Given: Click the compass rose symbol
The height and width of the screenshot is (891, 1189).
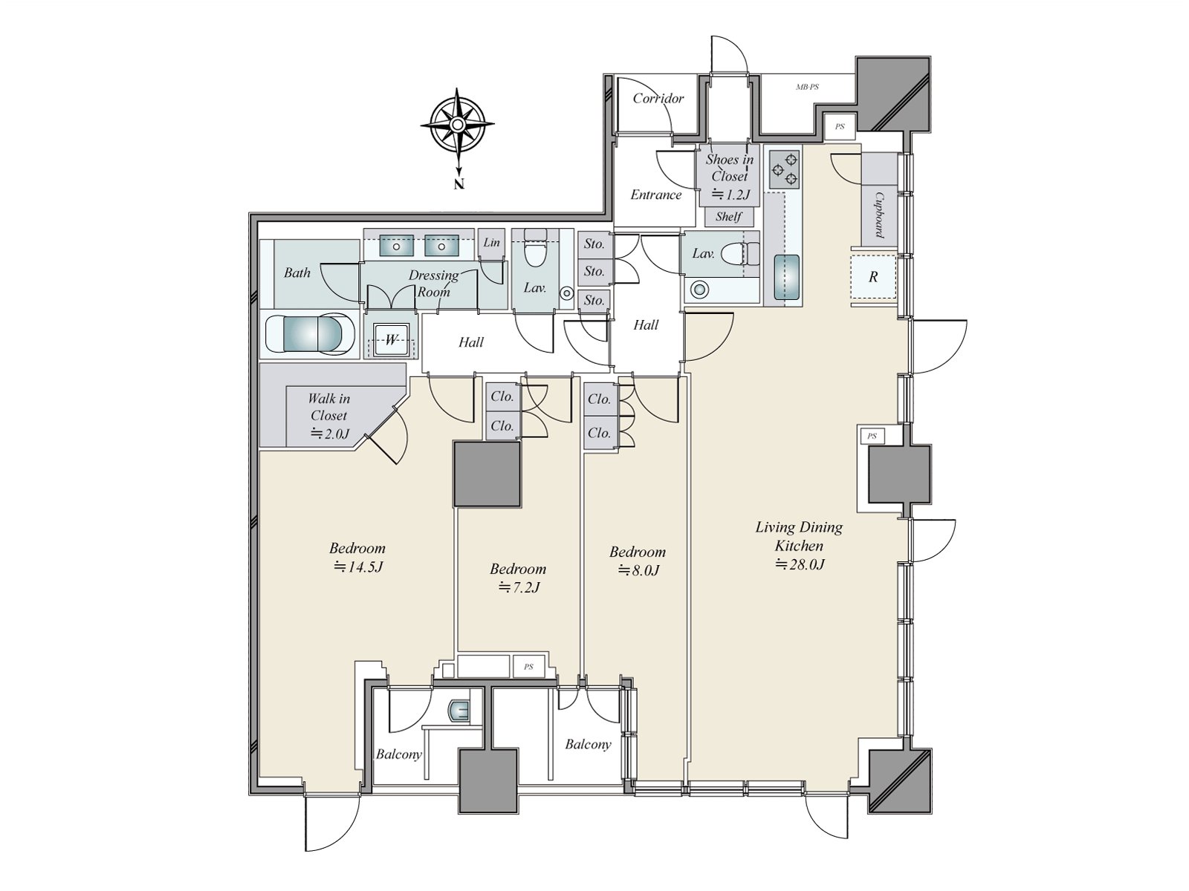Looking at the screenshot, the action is (458, 125).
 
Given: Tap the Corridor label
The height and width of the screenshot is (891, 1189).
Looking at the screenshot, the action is (658, 99).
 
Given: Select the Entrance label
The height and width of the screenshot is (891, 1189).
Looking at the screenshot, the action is (656, 195).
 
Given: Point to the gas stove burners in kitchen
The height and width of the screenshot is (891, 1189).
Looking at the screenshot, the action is (784, 170).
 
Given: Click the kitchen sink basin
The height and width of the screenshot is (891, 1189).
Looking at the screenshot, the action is (786, 277).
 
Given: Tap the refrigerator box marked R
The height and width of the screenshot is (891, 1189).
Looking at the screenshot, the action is (873, 277).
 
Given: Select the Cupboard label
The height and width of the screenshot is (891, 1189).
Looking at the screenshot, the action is (878, 215).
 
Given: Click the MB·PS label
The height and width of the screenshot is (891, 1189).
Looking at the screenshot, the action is (807, 87).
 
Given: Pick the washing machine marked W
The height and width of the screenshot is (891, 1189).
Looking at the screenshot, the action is (391, 340).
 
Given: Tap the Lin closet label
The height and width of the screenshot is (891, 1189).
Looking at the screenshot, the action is (491, 242).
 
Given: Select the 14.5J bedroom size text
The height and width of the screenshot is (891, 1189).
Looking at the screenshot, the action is (358, 567).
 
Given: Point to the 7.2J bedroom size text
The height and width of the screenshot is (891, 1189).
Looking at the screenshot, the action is (519, 587).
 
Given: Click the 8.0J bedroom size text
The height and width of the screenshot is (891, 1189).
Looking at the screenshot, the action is (638, 570).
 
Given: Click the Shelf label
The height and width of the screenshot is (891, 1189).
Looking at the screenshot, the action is (728, 216).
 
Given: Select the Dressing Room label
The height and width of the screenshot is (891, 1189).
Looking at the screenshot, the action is (433, 284).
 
